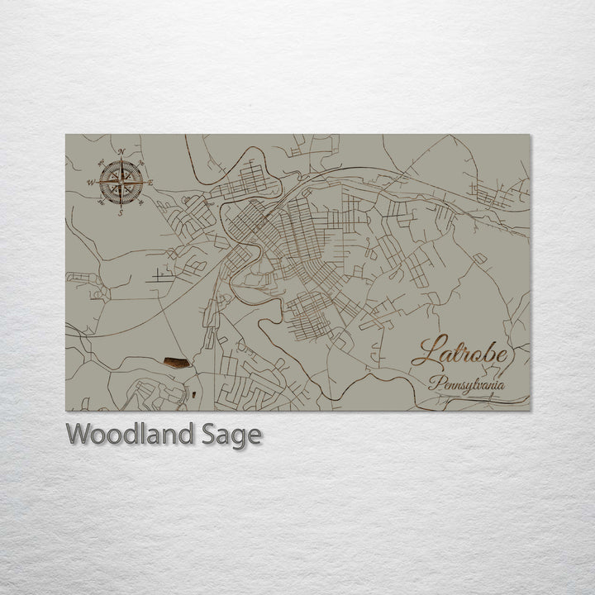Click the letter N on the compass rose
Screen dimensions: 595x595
click(x=121, y=152)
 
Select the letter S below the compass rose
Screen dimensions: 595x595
click(x=121, y=213)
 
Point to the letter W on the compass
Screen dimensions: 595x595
click(x=90, y=183)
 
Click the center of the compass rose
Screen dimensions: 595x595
click(x=121, y=183)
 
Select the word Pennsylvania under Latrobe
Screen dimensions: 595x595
click(x=467, y=385)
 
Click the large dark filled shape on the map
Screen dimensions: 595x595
click(x=176, y=362)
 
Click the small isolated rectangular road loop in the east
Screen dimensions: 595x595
click(x=480, y=258)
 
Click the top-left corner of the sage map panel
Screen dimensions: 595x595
click(x=66, y=135)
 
